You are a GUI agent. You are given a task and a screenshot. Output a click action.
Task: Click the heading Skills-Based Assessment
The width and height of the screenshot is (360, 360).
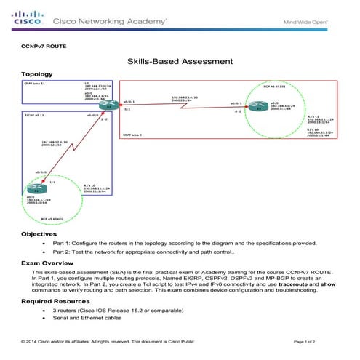[179, 63]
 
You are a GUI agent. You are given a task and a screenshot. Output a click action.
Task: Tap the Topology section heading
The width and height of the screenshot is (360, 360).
[36, 74]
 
